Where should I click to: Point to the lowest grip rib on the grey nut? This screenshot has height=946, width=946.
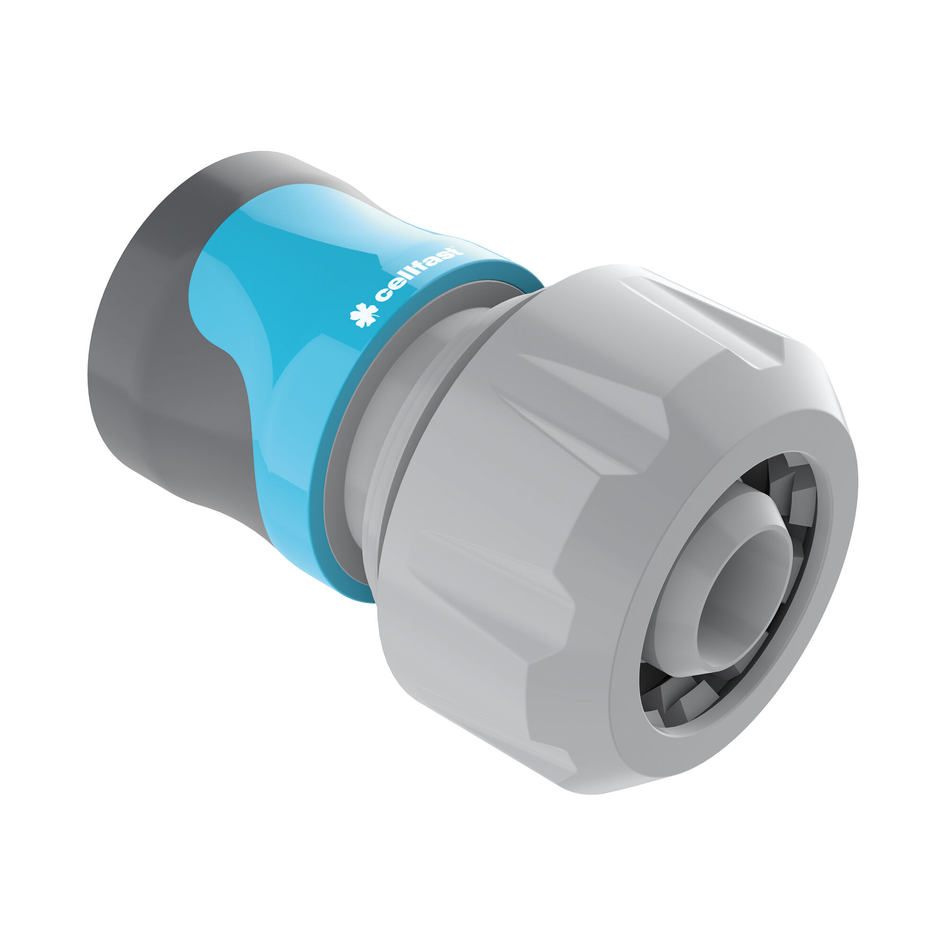pos(490,744)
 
